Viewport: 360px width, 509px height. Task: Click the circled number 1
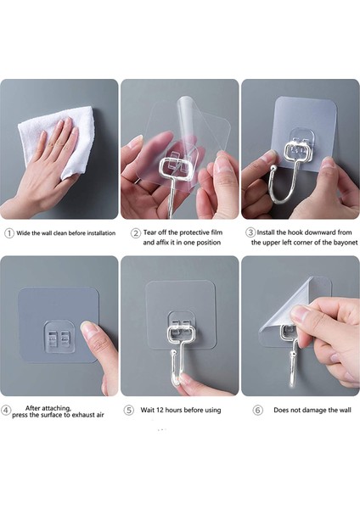(x=9, y=233)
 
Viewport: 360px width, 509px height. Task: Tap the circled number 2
(x=136, y=233)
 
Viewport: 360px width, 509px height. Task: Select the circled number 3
(x=250, y=232)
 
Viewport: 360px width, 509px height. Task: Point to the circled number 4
(x=6, y=410)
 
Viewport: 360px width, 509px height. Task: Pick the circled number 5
(x=129, y=411)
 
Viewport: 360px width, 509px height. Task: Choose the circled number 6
(x=257, y=411)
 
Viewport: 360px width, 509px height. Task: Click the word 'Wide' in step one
(x=24, y=233)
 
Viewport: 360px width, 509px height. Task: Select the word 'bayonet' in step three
(x=346, y=243)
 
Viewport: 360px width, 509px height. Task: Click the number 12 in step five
(x=160, y=410)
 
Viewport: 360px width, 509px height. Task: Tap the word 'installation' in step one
(x=101, y=233)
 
